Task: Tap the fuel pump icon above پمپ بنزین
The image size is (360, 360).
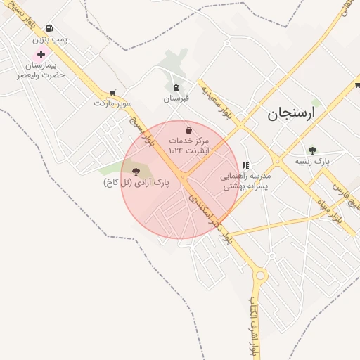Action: tap(48, 29)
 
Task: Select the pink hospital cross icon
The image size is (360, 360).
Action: tap(41, 54)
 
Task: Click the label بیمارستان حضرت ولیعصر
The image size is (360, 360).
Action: tap(41, 70)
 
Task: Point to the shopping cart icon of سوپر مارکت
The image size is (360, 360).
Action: tap(112, 92)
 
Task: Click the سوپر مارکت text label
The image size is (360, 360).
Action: tap(112, 103)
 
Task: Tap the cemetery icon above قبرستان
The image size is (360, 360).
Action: tap(176, 87)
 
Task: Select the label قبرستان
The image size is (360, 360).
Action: tap(176, 98)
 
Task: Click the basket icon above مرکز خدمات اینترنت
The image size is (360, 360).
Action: tap(188, 129)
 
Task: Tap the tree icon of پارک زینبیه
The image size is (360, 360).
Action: tap(312, 150)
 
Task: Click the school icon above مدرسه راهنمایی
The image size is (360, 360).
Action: tap(245, 165)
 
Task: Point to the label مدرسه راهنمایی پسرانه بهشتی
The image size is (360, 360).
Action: tap(245, 181)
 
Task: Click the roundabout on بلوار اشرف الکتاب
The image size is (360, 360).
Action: tap(262, 276)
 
